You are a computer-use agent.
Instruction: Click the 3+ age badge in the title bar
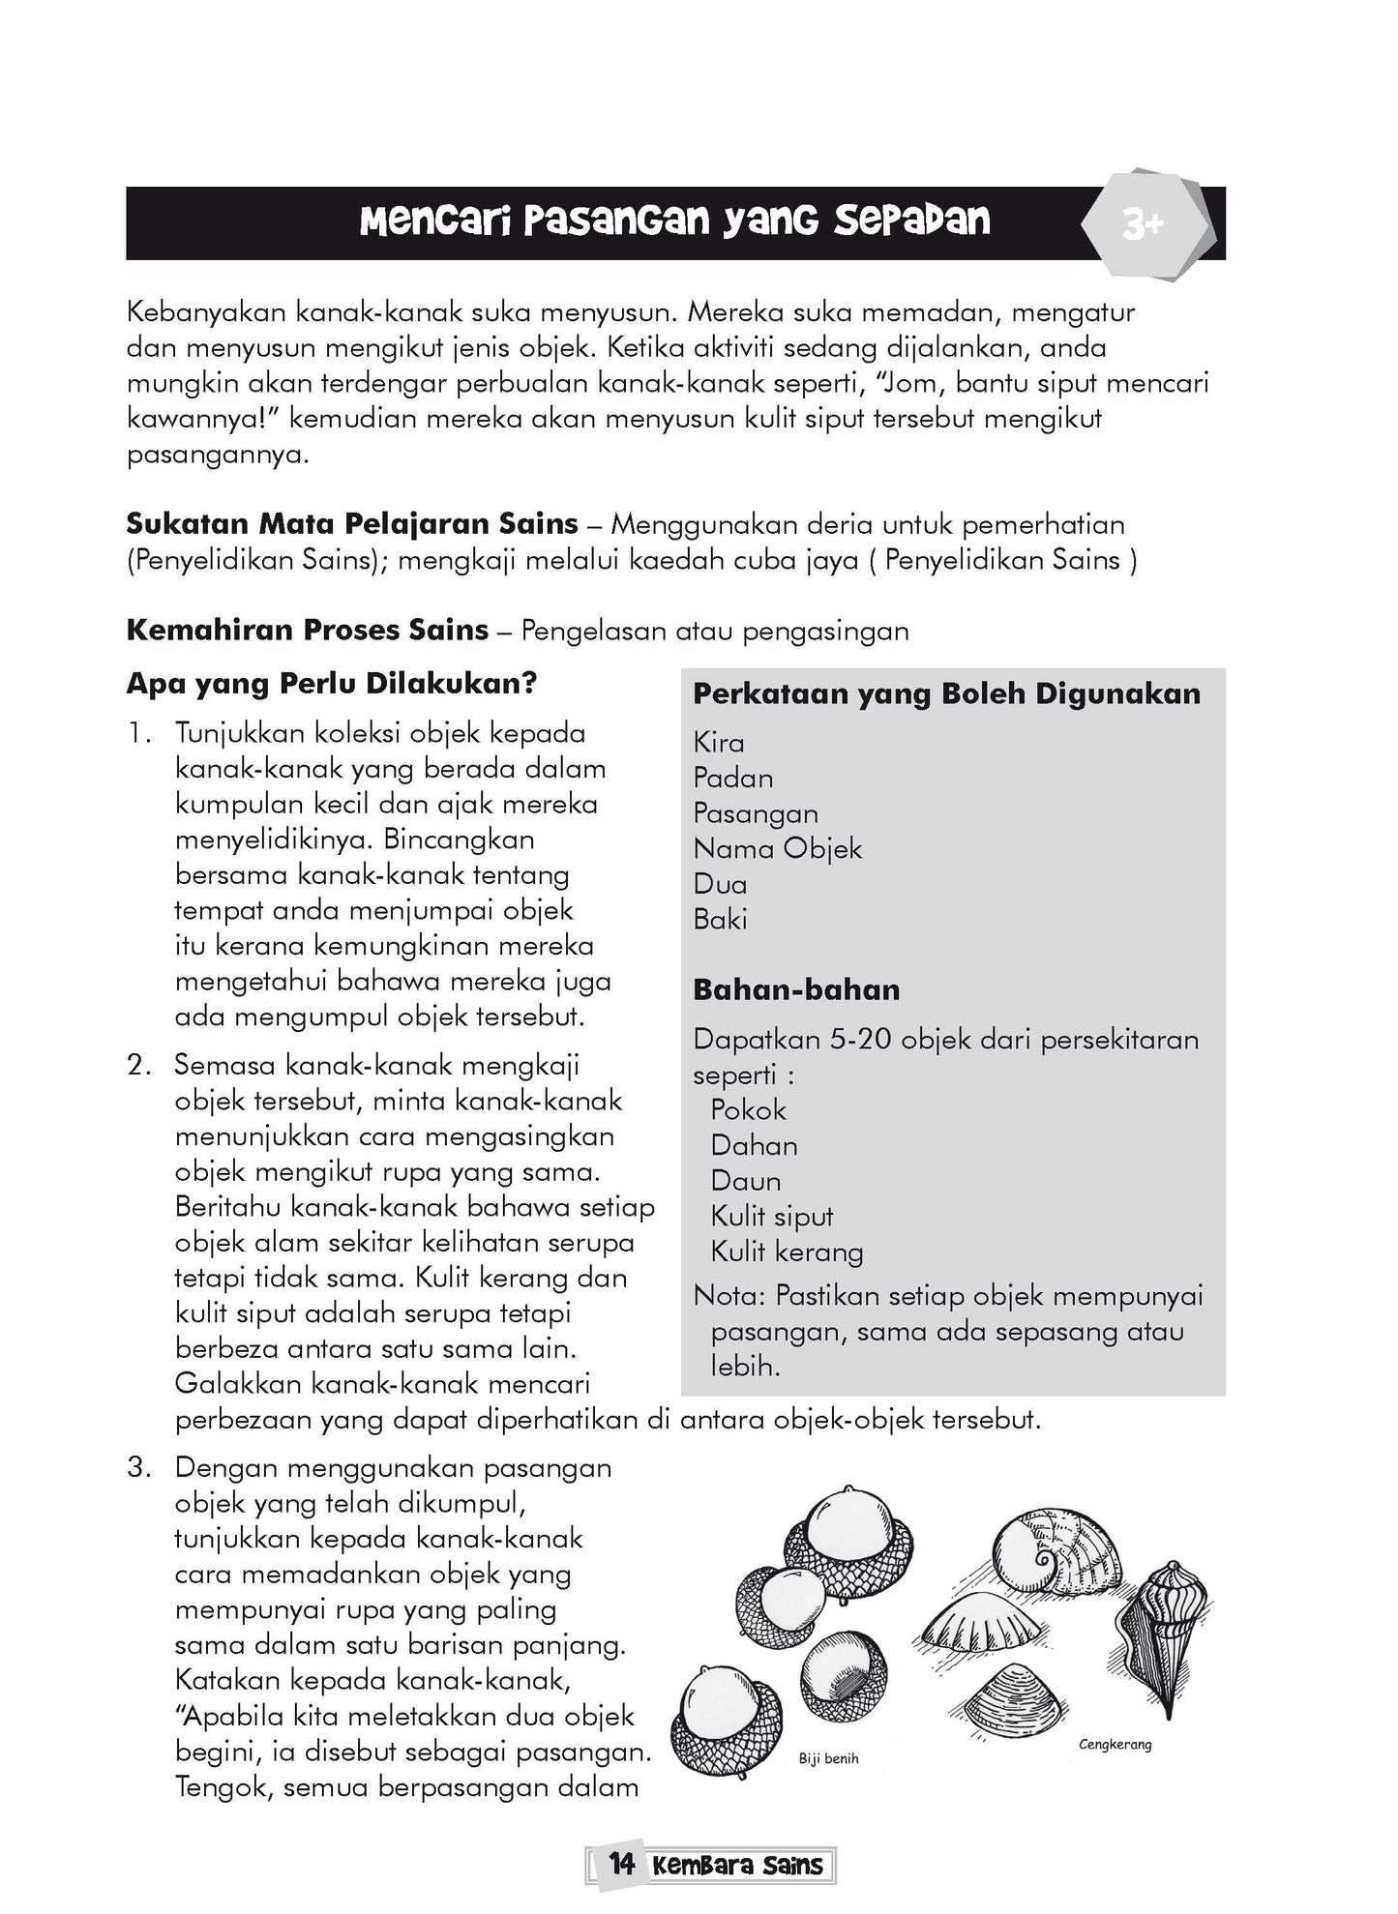[1143, 226]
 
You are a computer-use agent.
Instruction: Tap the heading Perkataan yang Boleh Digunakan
[946, 693]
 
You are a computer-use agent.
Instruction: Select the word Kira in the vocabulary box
[719, 743]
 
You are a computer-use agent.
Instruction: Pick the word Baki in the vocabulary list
[720, 919]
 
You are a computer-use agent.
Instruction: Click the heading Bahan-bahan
[796, 989]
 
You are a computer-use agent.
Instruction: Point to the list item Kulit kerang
[787, 1251]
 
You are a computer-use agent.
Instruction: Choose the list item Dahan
[754, 1145]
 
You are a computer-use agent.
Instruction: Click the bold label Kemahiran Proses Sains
[307, 630]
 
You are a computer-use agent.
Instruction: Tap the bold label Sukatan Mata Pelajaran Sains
[351, 524]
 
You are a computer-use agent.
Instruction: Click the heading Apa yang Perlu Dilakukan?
[331, 684]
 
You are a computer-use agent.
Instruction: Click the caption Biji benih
[828, 1759]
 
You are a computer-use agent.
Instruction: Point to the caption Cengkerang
[1115, 1746]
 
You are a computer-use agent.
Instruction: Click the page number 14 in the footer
[622, 1865]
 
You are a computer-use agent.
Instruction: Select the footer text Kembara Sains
[737, 1866]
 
